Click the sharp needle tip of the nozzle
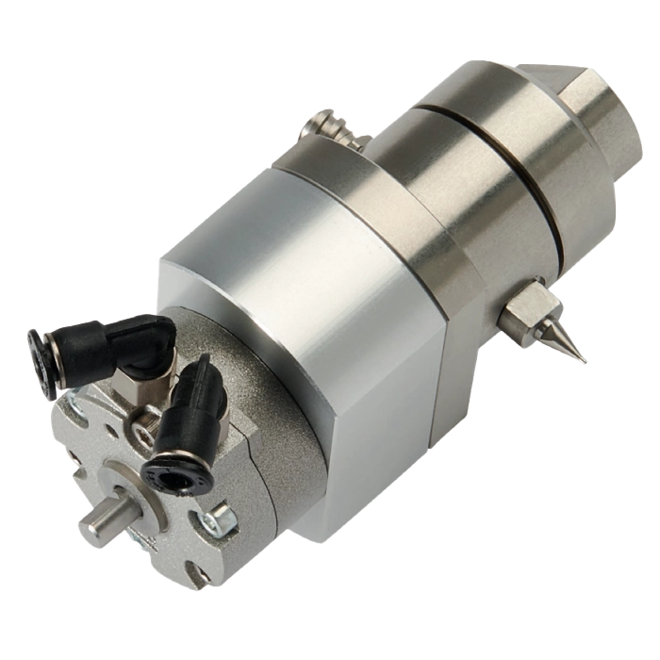(x=585, y=363)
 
